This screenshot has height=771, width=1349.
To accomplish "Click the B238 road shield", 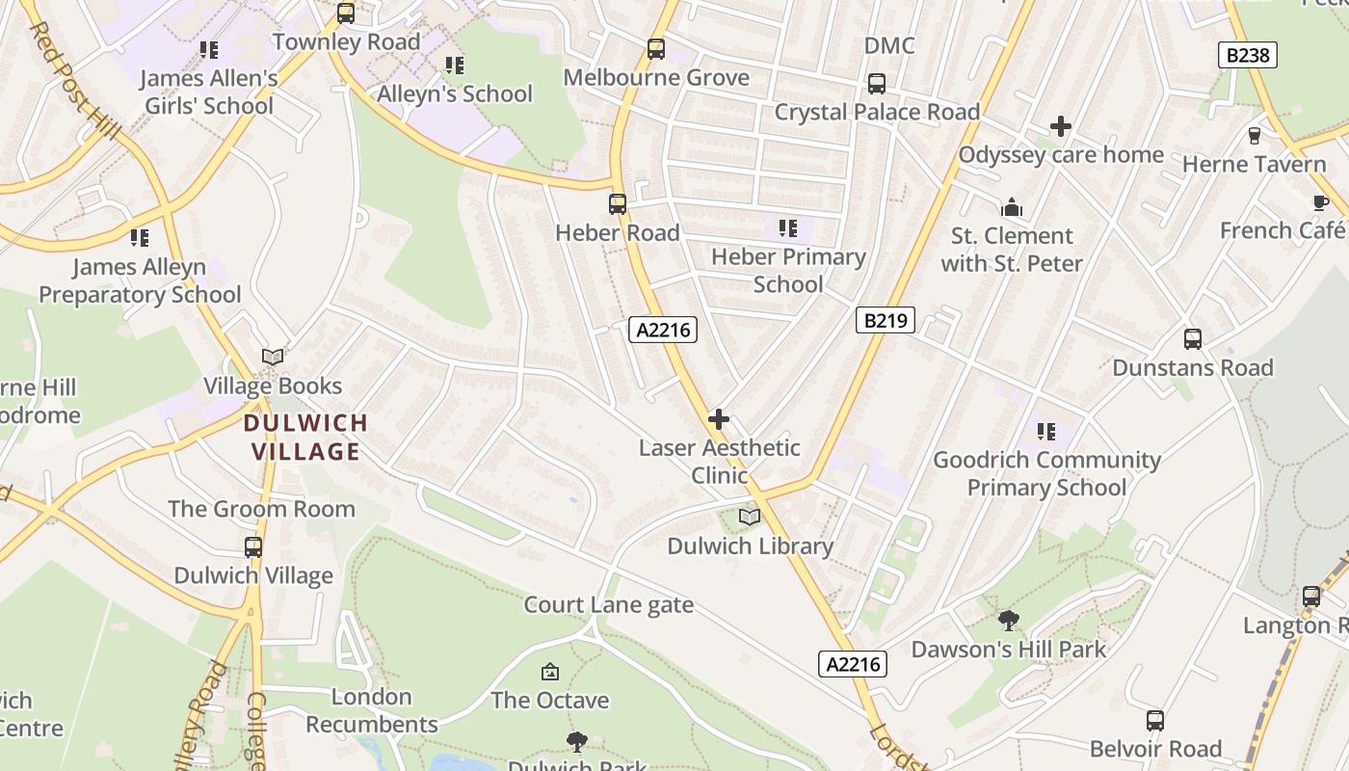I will point(1248,55).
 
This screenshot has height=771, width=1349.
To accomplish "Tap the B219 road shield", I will point(885,320).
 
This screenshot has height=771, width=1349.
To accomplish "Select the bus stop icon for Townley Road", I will point(346,13).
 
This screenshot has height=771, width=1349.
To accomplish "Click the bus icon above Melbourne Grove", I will point(656,48).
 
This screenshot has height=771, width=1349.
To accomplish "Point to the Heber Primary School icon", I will point(788,228).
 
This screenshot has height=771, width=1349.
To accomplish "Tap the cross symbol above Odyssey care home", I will point(1061,126).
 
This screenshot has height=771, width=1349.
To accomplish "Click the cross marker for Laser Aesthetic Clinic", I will point(719,419).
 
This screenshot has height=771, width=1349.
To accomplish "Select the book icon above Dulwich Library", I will point(750,518).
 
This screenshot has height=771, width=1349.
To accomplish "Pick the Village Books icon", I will point(273,358).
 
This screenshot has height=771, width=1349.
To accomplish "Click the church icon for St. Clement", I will point(1012,207).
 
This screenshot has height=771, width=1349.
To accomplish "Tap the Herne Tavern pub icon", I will point(1255,136).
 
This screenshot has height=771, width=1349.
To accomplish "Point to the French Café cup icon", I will point(1320,202).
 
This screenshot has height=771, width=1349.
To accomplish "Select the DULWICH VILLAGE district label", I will point(305,437).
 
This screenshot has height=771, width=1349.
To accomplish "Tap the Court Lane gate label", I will point(608,605).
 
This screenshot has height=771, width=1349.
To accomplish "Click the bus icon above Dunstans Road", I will point(1193,339).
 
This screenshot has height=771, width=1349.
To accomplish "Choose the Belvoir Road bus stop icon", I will point(1155,721).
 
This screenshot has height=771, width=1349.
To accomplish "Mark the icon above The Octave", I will point(550,672).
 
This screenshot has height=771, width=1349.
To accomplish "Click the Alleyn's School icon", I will point(455,66).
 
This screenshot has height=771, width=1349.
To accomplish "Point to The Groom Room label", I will point(261,509).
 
